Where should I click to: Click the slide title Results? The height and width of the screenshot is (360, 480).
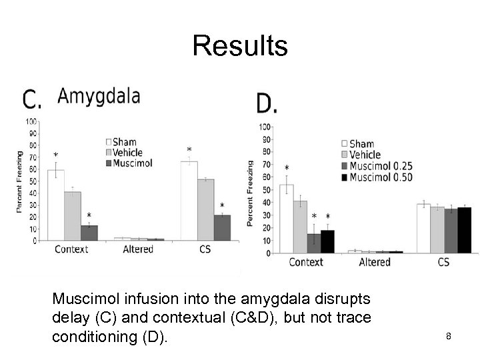(240, 46)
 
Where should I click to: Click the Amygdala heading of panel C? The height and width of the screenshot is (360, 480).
(99, 96)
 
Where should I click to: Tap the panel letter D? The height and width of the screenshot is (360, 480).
(267, 103)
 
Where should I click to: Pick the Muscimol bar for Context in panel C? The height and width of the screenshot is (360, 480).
(89, 233)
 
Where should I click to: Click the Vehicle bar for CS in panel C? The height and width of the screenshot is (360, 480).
(206, 209)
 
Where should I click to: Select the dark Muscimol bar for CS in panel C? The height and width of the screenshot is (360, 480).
(222, 227)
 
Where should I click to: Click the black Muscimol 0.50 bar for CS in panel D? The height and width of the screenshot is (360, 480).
(464, 230)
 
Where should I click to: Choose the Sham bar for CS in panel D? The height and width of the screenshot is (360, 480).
(423, 229)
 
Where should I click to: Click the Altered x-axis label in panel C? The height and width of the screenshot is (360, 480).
(138, 249)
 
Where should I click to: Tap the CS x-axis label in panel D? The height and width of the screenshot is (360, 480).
(443, 262)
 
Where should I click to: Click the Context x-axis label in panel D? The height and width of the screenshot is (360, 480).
(306, 262)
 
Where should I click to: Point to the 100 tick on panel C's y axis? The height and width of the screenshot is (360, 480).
(31, 121)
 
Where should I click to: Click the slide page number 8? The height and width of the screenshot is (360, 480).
(449, 336)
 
